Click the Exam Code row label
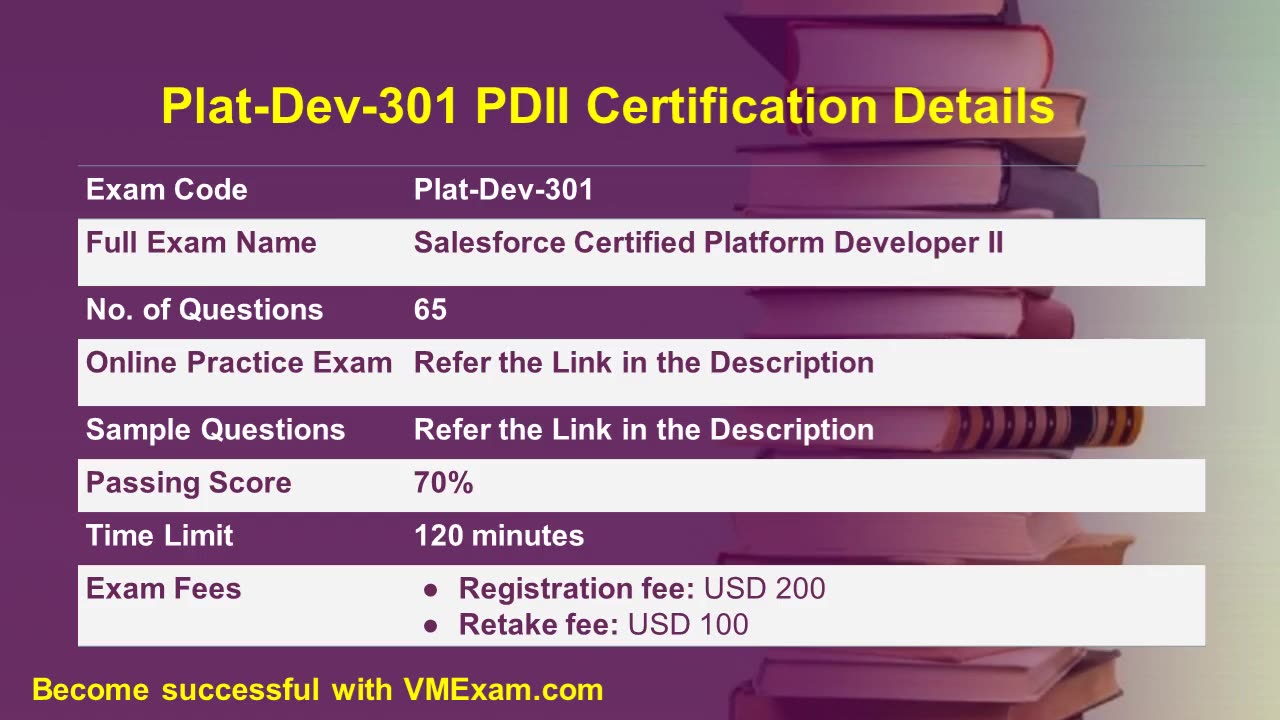[x=166, y=190]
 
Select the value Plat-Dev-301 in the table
[x=503, y=190]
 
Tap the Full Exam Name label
[x=201, y=243]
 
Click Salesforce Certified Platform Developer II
[x=708, y=243]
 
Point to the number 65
[x=430, y=310]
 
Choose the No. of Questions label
[x=204, y=310]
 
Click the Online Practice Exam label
[x=239, y=363]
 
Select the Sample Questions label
[x=215, y=430]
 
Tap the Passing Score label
[x=188, y=483]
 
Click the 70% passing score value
[x=443, y=483]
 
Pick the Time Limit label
[x=159, y=536]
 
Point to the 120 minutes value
[x=499, y=536]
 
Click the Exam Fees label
[x=163, y=589]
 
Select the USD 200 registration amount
[x=765, y=589]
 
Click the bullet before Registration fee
[x=431, y=590]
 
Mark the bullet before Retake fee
[x=431, y=626]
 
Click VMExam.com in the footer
[x=503, y=689]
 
